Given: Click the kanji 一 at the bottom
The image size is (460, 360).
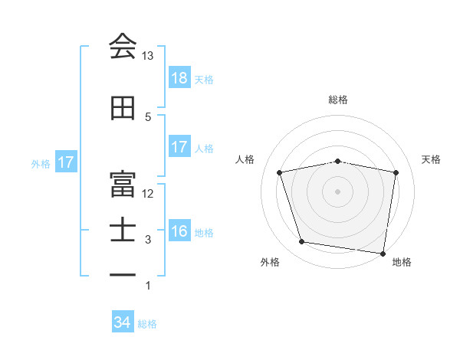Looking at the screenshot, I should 123,273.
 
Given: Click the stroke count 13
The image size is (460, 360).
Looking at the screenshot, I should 148,56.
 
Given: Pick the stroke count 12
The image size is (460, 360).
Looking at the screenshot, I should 148,193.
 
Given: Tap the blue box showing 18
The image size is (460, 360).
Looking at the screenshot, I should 179,79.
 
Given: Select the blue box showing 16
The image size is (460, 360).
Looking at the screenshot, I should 179,231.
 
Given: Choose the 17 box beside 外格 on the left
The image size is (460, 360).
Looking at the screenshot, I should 66,163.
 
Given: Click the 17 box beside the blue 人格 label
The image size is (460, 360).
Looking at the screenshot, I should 179,148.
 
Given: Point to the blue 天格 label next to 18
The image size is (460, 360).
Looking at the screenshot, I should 204,80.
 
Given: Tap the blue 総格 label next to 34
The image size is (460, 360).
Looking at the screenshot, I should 147,324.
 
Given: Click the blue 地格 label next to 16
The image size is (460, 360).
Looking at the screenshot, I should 204,232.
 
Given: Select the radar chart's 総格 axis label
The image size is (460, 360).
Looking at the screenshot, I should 337,100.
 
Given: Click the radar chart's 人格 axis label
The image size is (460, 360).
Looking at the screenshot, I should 246,159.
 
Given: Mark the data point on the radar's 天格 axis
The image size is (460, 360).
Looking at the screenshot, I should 396,172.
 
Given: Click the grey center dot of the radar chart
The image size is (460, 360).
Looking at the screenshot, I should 337,191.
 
